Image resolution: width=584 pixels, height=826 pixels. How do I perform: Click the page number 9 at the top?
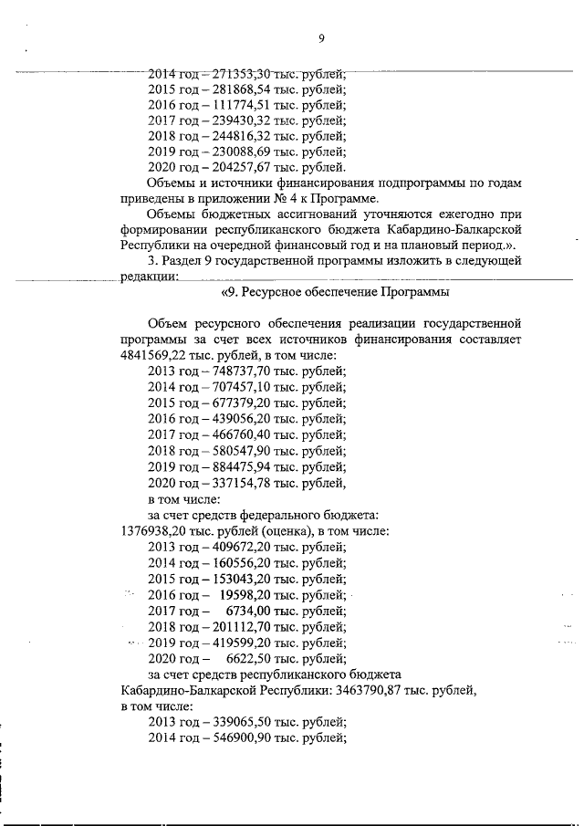[x=321, y=38]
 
